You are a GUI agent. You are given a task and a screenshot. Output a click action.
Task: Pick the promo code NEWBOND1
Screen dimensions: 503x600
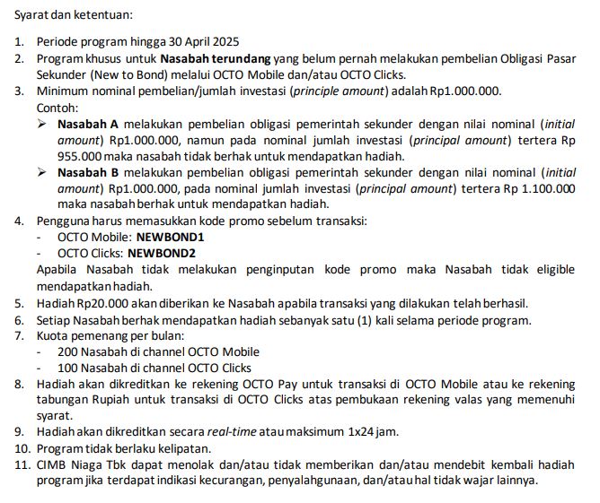(171, 238)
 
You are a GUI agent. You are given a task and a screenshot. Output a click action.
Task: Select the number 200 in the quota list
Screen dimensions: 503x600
(68, 351)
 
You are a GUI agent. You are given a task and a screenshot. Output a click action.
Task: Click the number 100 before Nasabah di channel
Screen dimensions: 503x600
(68, 368)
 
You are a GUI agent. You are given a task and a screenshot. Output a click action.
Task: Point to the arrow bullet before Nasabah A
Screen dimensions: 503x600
(42, 123)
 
